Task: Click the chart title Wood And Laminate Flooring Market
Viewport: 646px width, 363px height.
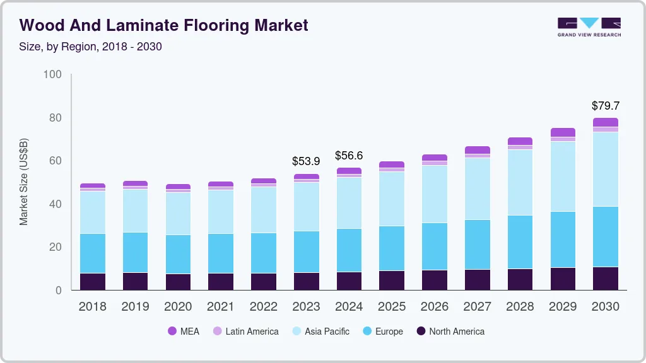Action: (164, 25)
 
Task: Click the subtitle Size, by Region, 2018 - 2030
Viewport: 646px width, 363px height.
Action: (91, 47)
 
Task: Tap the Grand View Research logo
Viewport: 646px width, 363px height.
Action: (589, 26)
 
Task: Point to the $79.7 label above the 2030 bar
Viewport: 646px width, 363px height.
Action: (605, 105)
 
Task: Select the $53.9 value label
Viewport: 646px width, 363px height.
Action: (306, 161)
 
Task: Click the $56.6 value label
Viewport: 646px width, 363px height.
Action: (349, 155)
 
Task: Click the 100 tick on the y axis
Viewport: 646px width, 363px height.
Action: (53, 74)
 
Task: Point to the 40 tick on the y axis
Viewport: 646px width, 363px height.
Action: (56, 204)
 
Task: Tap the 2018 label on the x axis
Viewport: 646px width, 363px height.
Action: (93, 307)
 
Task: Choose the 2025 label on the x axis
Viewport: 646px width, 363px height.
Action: (392, 307)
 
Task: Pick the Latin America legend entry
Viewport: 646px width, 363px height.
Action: (245, 331)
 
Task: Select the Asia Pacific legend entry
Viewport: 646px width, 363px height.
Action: (320, 331)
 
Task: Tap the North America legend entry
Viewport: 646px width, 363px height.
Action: (450, 331)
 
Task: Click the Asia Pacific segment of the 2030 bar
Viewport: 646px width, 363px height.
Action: (605, 169)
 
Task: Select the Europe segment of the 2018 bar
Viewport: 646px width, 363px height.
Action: (93, 253)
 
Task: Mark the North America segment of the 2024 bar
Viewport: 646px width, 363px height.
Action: (349, 281)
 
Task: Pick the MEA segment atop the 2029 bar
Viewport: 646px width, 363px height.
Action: (563, 132)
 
